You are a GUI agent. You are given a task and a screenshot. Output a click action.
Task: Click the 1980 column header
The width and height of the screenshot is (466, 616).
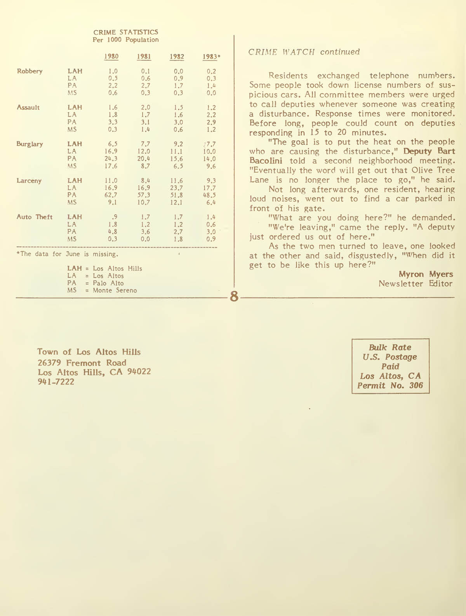(111, 57)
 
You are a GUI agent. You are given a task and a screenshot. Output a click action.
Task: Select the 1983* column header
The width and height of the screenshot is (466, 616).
(211, 57)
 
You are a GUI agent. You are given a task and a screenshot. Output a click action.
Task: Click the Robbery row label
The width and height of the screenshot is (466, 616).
(30, 71)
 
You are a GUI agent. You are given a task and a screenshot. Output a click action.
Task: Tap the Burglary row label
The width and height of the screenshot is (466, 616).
(30, 144)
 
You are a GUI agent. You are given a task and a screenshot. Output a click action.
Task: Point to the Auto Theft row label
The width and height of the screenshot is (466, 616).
(34, 217)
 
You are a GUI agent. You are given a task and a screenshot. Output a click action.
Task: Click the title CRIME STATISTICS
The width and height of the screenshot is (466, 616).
(125, 32)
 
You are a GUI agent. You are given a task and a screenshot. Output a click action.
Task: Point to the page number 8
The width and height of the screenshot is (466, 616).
(234, 297)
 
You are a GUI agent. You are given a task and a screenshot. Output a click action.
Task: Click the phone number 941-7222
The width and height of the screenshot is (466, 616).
(56, 382)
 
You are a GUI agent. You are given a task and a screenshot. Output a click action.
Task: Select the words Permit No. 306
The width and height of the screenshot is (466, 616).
(390, 386)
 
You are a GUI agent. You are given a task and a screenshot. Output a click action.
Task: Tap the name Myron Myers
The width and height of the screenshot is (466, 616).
(426, 274)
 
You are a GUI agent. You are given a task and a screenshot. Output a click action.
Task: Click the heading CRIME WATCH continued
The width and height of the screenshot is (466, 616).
(304, 52)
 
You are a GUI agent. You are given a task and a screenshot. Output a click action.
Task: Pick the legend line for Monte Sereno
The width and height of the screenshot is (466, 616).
(102, 291)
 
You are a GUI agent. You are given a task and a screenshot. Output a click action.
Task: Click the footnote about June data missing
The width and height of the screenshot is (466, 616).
(67, 254)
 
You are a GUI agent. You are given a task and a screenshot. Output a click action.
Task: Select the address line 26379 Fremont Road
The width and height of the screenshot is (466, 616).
(82, 363)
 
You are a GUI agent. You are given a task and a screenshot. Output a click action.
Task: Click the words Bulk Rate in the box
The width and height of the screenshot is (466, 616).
(390, 348)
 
